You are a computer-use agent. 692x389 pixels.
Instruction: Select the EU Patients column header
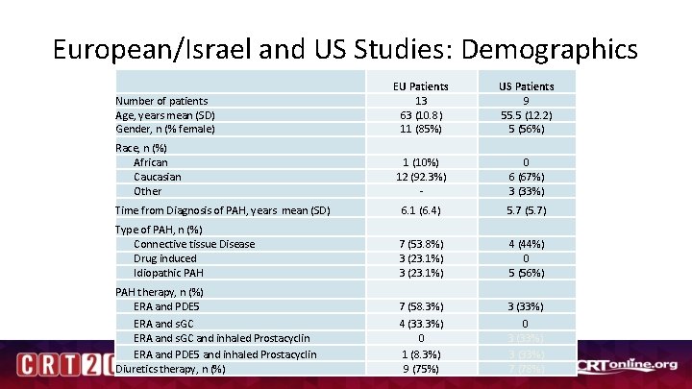coord(421,85)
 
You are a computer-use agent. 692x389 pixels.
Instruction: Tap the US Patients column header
coord(526,85)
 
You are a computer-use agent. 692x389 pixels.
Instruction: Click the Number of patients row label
coord(161,100)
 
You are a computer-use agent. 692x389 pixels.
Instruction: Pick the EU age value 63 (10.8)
coord(421,114)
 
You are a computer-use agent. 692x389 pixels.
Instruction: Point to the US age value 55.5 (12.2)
coord(526,114)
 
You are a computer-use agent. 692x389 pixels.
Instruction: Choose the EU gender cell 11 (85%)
coord(421,129)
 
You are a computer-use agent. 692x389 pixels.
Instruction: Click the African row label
coord(151,162)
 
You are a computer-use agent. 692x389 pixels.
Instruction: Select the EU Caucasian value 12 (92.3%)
coord(421,177)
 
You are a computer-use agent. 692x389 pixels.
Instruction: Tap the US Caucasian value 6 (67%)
coord(526,177)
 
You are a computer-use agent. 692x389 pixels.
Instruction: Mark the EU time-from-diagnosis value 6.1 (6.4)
coord(421,210)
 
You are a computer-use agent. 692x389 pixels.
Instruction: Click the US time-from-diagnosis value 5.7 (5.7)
coord(526,210)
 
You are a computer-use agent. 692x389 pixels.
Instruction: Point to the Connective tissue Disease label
coord(194,244)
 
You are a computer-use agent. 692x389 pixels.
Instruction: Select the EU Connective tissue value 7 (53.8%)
coord(421,244)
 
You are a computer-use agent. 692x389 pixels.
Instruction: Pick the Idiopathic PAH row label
coord(168,273)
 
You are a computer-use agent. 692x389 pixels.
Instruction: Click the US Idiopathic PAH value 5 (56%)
coord(526,273)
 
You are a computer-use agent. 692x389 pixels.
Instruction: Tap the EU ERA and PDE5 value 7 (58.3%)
coord(421,306)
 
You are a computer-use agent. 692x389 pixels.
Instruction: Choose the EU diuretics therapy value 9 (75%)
coord(421,368)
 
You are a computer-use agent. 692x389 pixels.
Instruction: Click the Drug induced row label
coord(165,258)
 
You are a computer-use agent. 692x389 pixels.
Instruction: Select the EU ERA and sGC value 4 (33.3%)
coord(421,324)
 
